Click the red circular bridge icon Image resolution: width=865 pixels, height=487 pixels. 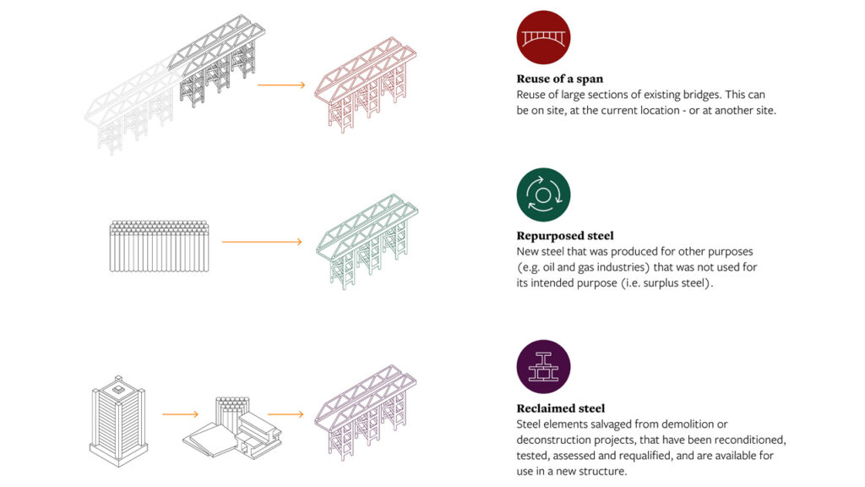point(543,37)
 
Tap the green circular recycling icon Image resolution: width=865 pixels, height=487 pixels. point(543,194)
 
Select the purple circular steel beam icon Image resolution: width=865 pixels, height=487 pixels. point(543,367)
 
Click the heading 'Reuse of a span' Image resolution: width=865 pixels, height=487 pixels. point(560,79)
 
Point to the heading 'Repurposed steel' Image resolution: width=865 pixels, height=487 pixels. point(565,237)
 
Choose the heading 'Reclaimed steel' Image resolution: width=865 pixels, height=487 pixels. point(561,409)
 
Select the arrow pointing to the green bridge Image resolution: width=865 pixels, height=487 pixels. point(262,243)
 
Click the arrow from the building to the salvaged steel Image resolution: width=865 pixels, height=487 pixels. point(180,414)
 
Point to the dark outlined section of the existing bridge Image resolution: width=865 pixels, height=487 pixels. point(218,59)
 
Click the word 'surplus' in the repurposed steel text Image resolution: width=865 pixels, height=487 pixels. point(671,282)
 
